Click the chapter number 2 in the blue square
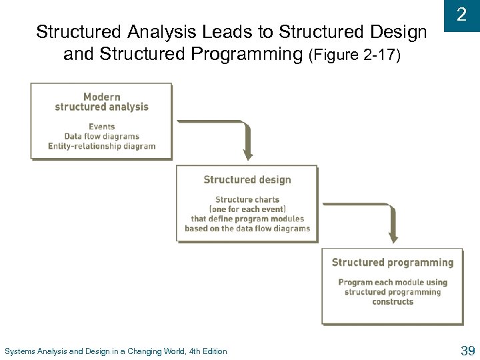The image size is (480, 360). pyautogui.click(x=461, y=15)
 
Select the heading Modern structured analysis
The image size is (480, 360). pyautogui.click(x=101, y=102)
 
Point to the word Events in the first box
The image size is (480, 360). pyautogui.click(x=101, y=127)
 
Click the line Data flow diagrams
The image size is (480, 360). pyautogui.click(x=101, y=137)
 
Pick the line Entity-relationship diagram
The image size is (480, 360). pyautogui.click(x=101, y=147)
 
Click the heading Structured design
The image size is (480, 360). pyautogui.click(x=247, y=180)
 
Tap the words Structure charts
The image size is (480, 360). pyautogui.click(x=247, y=199)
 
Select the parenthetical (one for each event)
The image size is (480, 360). pyautogui.click(x=247, y=209)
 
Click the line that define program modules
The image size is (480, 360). pyautogui.click(x=247, y=219)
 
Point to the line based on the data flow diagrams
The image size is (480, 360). pyautogui.click(x=247, y=229)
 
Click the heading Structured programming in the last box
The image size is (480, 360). pyautogui.click(x=392, y=263)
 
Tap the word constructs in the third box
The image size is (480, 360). pyautogui.click(x=393, y=302)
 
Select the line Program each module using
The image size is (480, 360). pyautogui.click(x=393, y=283)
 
